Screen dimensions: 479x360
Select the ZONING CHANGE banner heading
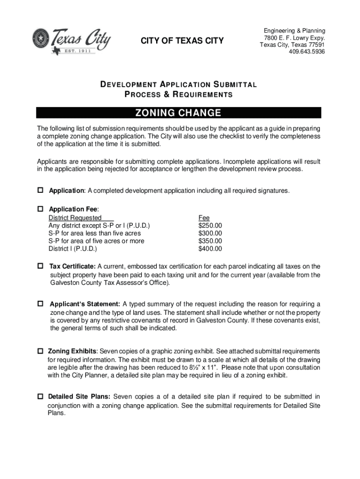(179, 113)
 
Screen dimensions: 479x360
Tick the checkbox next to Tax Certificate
(40, 266)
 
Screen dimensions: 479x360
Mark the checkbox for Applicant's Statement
(40, 303)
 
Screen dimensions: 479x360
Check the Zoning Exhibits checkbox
(40, 350)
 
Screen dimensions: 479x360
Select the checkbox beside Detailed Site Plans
(40, 397)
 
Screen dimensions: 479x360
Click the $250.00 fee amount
(210, 225)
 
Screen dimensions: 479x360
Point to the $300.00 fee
(210, 233)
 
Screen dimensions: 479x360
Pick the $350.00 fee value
(210, 241)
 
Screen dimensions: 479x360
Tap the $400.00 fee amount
(210, 248)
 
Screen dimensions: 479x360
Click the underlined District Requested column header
(75, 218)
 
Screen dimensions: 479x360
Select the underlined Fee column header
(204, 218)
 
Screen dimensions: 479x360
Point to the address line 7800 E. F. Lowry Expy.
(294, 38)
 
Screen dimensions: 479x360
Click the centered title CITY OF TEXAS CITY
(182, 42)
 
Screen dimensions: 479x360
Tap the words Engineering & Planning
(294, 31)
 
